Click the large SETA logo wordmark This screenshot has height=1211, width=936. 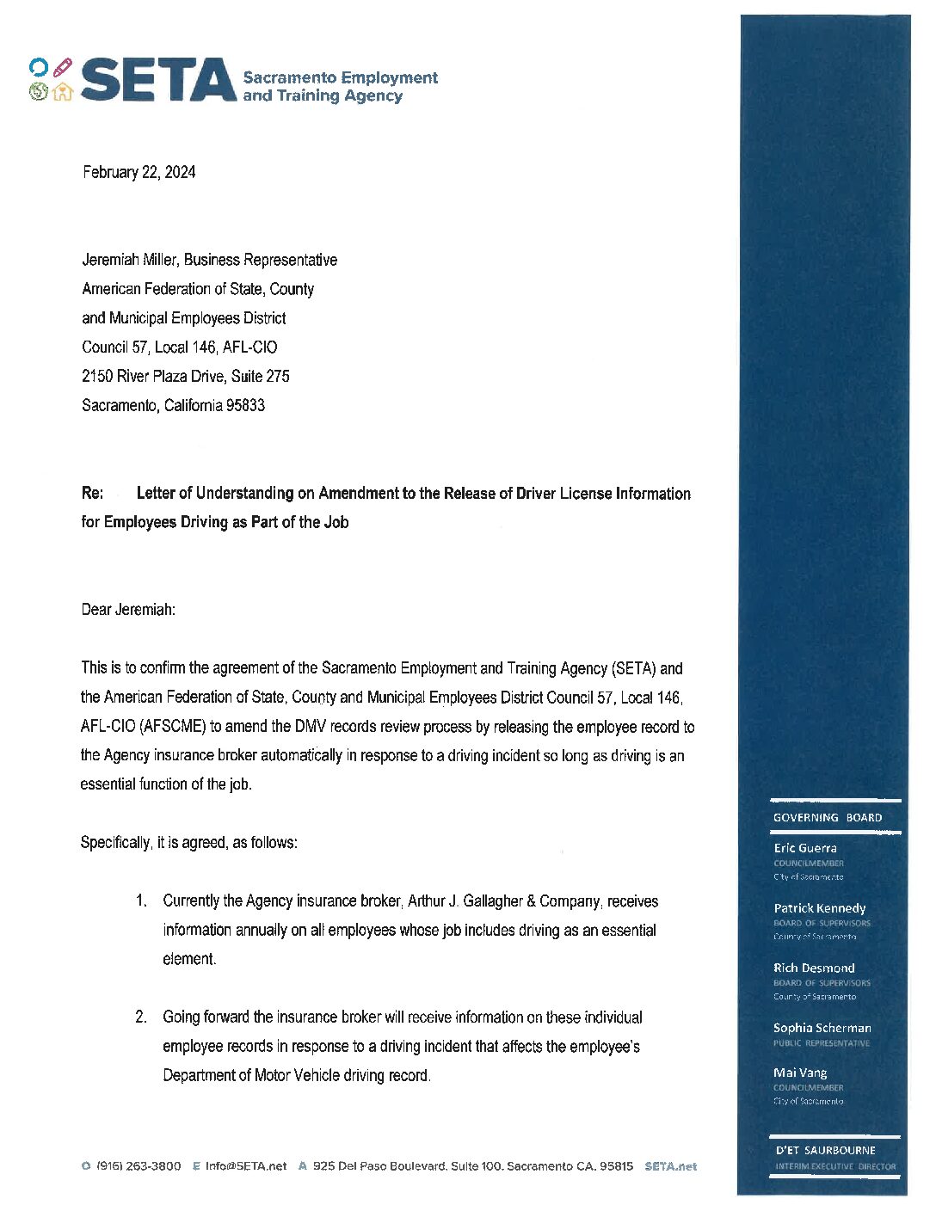[x=158, y=80]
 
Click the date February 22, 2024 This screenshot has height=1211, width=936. [x=139, y=172]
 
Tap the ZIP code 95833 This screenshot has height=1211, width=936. [x=245, y=405]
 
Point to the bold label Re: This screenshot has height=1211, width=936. [x=92, y=493]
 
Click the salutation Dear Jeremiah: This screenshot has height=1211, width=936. [x=128, y=610]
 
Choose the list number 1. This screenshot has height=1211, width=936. [x=140, y=901]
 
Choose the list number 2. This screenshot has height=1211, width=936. [x=140, y=1017]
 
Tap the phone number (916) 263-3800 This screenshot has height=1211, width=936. [x=139, y=1166]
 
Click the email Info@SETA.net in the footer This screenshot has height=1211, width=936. [x=245, y=1166]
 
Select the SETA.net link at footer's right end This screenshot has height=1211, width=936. [x=670, y=1166]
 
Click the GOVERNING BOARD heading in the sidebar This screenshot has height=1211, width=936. [x=827, y=818]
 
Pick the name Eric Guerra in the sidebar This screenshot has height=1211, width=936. [x=804, y=848]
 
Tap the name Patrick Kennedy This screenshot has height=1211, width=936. [x=819, y=908]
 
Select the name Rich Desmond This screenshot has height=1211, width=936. [x=814, y=968]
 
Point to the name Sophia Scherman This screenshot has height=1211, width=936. [x=822, y=1028]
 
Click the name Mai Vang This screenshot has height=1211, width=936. [x=800, y=1073]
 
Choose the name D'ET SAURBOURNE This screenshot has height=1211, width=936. [x=825, y=1150]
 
